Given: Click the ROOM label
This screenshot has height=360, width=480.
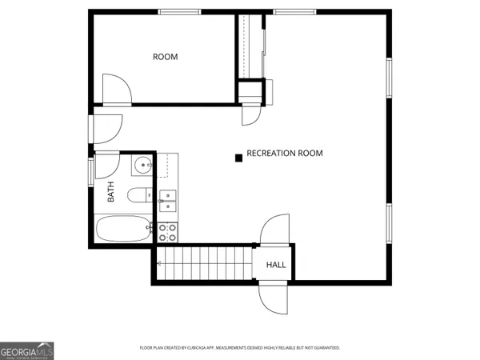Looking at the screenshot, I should click(x=166, y=57).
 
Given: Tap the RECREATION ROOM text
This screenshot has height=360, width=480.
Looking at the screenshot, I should click(x=285, y=153).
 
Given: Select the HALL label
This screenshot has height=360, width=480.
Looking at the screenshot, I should click(x=276, y=265).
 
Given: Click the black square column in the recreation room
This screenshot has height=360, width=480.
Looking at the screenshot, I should click(x=238, y=158).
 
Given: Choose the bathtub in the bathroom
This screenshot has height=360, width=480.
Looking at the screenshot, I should click(x=122, y=230).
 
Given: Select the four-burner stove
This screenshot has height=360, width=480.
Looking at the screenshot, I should click(x=168, y=232).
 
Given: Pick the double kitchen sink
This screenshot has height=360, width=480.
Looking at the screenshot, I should click(x=168, y=199).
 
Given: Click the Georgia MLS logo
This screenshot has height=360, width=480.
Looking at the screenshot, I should click(x=27, y=350).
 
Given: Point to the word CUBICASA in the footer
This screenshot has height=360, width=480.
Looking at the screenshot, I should click(x=197, y=348).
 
